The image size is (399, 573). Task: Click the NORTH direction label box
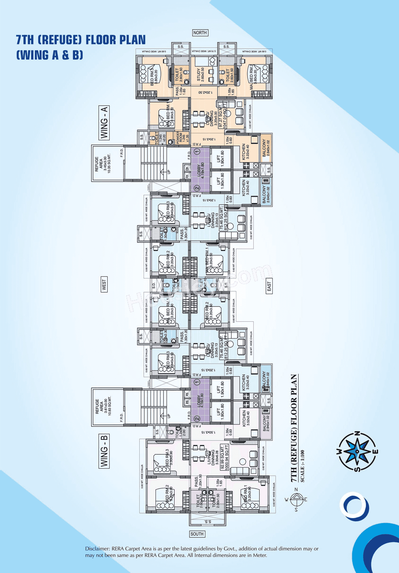pos(200,33)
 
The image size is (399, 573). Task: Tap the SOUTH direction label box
pos(197,534)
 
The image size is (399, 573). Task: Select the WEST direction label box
pos(104,284)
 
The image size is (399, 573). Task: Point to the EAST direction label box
pos(269,286)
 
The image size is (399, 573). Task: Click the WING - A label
pos(104,123)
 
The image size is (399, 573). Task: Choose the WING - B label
pos(104,451)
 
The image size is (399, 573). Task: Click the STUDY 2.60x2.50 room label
pos(200,75)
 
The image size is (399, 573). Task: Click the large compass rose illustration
pos(358,451)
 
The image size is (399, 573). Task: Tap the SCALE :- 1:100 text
pos(302,466)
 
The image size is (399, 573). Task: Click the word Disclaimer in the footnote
pos(97,549)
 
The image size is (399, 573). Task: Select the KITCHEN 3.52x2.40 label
pos(246,418)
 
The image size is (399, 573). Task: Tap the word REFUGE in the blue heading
pos(60,40)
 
